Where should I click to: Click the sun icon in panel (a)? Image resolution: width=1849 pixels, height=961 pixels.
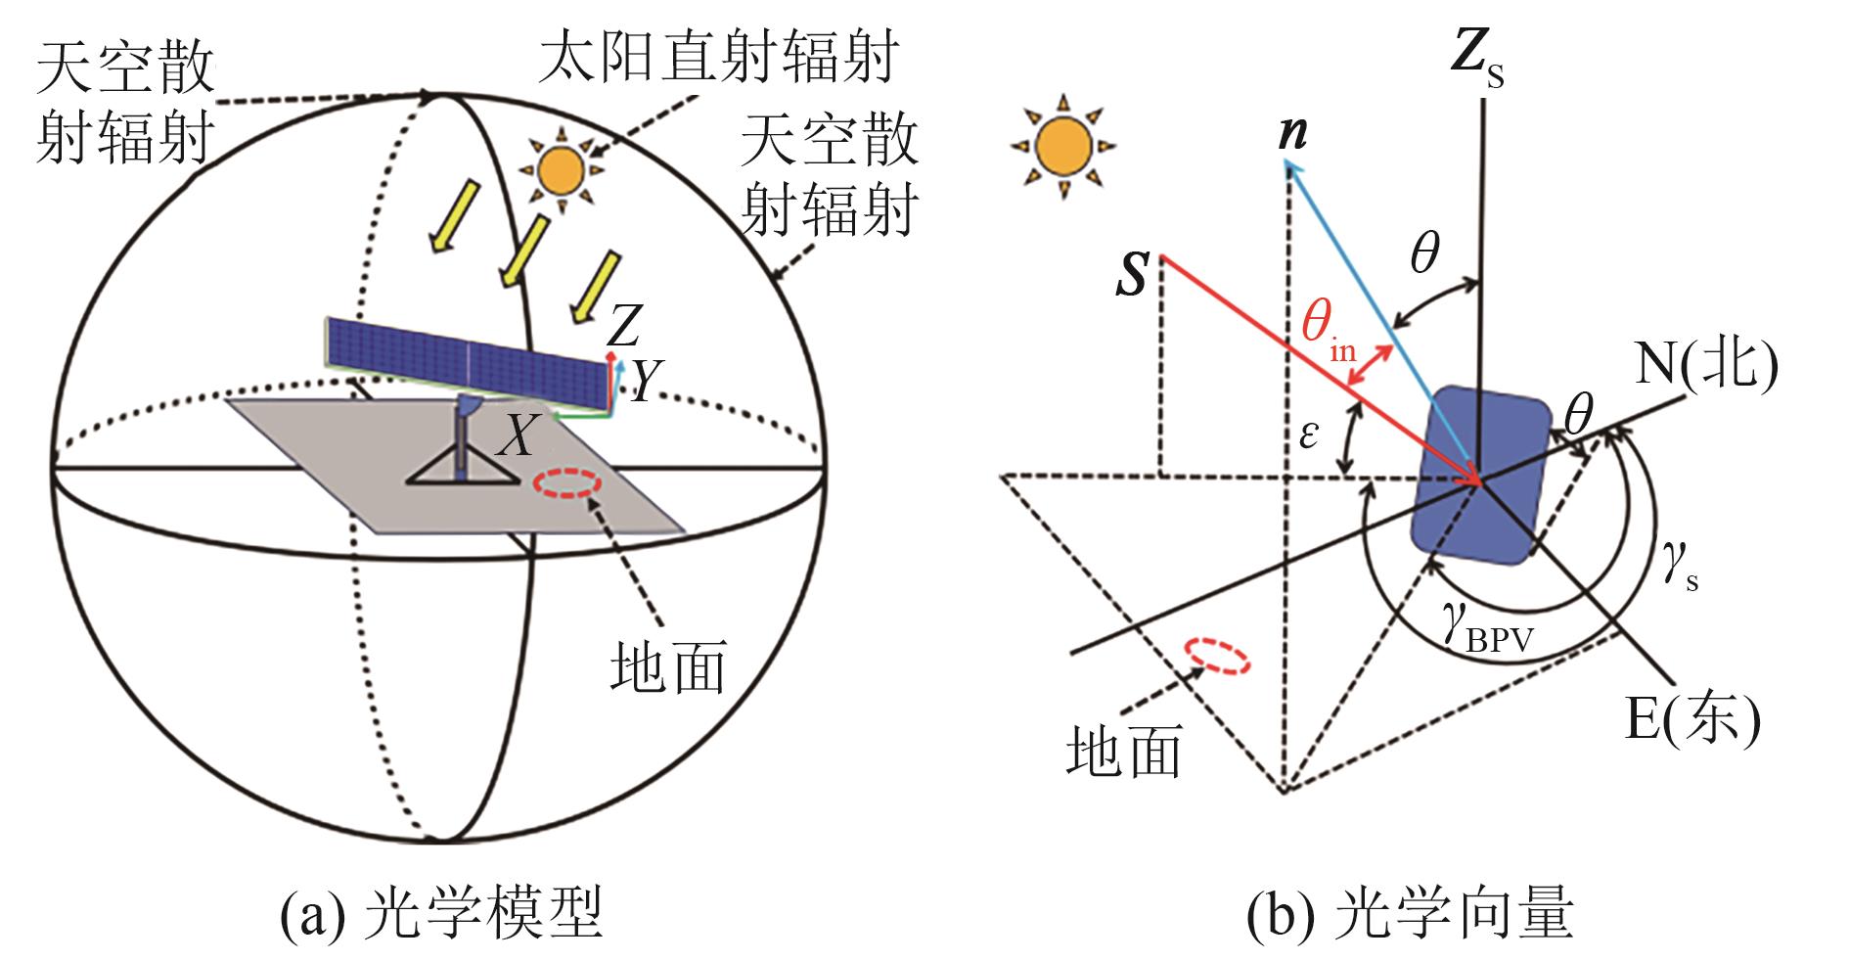pos(560,167)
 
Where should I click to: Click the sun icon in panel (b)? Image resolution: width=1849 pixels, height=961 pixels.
pos(1062,144)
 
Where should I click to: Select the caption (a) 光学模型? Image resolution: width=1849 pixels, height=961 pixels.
pos(439,916)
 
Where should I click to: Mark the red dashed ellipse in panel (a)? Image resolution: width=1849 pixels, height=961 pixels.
pos(565,482)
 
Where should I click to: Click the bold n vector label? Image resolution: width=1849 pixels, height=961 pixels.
pos(1292,133)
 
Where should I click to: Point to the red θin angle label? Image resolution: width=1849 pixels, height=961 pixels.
pos(1329,332)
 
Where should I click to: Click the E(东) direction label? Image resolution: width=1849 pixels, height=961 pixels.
pos(1691,721)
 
